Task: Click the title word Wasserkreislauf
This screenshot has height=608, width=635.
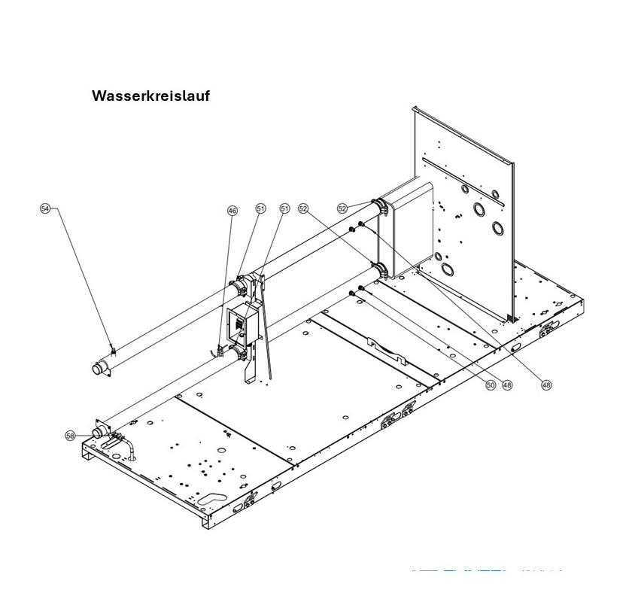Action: tap(150, 96)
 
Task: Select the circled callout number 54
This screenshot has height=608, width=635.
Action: tap(45, 208)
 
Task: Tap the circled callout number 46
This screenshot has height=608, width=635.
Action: tap(232, 211)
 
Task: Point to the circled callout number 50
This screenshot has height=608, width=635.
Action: tap(490, 385)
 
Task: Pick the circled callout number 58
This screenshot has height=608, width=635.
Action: tap(70, 436)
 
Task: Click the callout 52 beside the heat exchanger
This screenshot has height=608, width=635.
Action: tap(342, 208)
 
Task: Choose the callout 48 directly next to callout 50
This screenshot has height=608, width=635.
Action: tap(508, 385)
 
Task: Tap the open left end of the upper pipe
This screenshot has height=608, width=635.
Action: tap(100, 369)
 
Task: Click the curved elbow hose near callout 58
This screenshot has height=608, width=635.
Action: tap(130, 446)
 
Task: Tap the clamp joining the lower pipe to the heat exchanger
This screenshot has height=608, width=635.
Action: tap(378, 269)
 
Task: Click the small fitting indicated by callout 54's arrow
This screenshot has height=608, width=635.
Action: tap(113, 349)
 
